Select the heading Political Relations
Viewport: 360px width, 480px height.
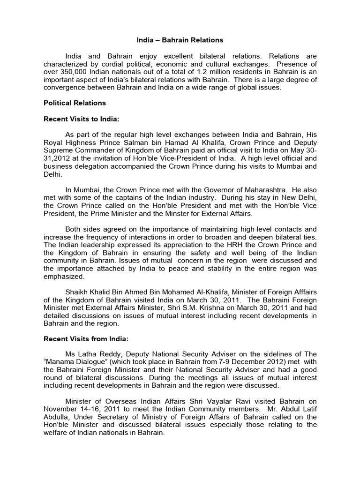75,103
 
